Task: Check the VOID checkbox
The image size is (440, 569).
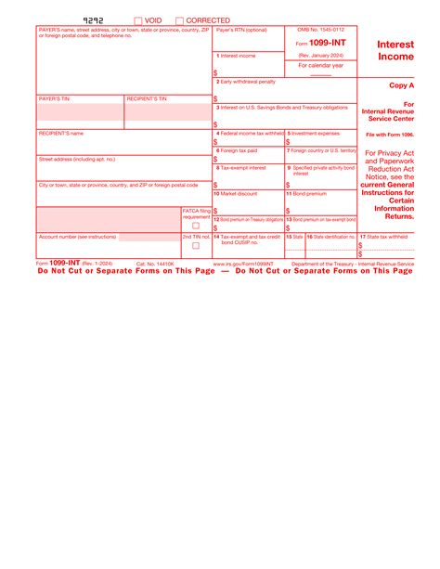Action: (x=138, y=19)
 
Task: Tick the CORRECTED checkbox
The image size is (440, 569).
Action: (x=180, y=19)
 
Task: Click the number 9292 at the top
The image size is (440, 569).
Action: (x=94, y=19)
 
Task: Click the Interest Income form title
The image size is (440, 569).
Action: (x=396, y=49)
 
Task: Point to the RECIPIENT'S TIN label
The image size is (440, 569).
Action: (x=147, y=98)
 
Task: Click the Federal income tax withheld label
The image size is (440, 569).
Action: (x=249, y=134)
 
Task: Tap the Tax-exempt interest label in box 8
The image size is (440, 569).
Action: (x=242, y=168)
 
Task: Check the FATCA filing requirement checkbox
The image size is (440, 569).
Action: (x=196, y=225)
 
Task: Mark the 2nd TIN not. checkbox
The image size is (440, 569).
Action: (x=196, y=246)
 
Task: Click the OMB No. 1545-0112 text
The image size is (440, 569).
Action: (x=321, y=31)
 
